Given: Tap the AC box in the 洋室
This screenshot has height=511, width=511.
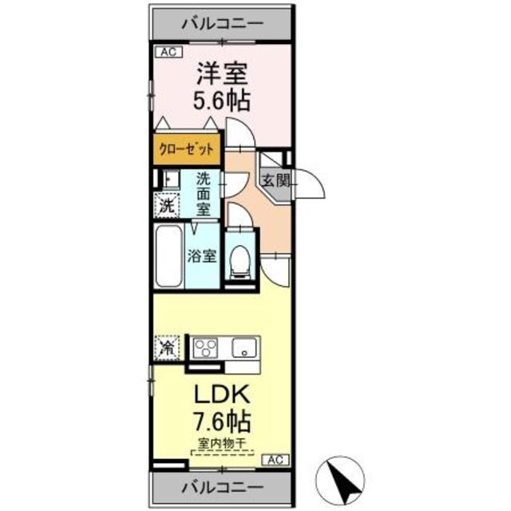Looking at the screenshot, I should tap(167, 53).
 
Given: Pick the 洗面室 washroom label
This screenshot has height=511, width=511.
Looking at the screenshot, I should tap(204, 194).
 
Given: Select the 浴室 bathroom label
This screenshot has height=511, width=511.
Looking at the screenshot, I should tap(201, 256).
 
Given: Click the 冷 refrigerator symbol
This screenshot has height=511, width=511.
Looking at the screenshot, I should tap(166, 348).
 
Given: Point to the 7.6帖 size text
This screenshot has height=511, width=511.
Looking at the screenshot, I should tap(222, 420).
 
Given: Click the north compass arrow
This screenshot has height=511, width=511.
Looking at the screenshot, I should tap(346, 480).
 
